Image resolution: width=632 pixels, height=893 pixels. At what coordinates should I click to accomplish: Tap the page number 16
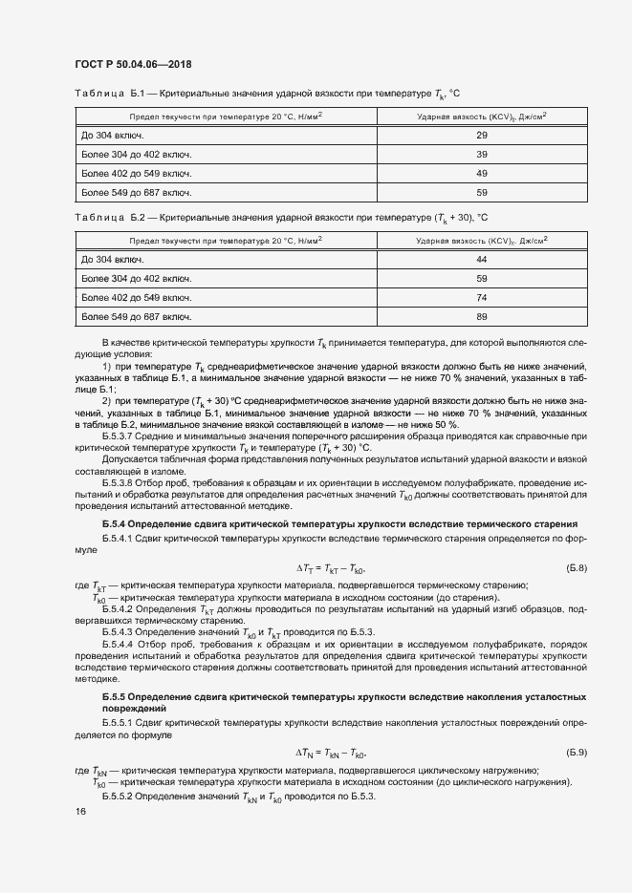pos(81,812)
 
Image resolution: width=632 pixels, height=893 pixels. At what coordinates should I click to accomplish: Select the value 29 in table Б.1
pos(482,135)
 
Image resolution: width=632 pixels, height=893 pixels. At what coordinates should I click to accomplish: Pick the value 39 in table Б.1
pos(482,154)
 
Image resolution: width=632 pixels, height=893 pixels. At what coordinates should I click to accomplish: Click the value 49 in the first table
pos(482,173)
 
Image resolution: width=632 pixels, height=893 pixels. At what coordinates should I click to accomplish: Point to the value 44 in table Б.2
pos(482,259)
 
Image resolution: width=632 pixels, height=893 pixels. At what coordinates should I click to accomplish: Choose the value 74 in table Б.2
pos(482,297)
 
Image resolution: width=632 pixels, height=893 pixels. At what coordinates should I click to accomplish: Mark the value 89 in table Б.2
pos(482,316)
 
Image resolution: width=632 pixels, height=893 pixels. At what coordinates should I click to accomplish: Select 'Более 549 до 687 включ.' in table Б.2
pos(137,316)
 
